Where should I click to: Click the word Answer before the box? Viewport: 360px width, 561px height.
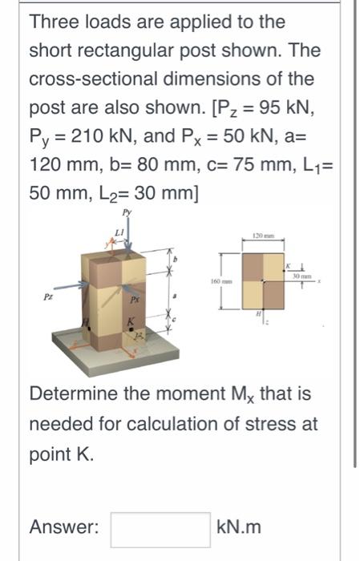64,527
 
